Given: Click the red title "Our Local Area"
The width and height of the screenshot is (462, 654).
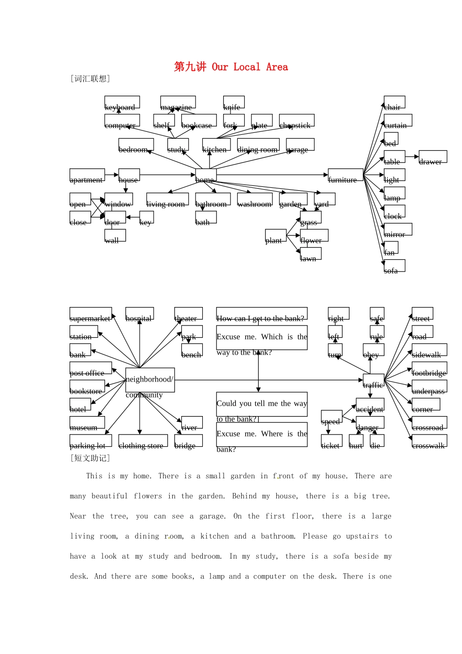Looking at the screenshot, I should point(231,67).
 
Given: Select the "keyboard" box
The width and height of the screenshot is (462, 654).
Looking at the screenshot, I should point(122,103).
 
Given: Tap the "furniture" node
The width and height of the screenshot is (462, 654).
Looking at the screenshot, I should point(345,175).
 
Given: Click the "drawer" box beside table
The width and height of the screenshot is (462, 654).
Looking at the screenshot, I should point(432,157).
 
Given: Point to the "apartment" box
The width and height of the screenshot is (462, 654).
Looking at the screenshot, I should point(87,175).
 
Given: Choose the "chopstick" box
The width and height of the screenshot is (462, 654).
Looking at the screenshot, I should point(297,121).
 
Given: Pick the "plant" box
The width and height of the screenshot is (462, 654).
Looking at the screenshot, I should point(276,236).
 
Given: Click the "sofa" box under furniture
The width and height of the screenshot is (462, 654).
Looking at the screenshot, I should point(394,266).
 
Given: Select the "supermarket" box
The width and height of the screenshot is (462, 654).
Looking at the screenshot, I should point(90,314).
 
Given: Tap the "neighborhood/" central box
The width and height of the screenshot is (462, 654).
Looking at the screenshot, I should point(150,380).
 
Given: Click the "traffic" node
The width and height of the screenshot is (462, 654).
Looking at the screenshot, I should point(373,380).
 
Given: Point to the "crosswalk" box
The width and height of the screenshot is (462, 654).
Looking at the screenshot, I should point(429,441).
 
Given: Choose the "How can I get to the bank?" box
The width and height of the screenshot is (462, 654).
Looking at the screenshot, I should point(262,314).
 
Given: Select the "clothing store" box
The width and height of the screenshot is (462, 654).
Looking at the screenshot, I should point(143,441).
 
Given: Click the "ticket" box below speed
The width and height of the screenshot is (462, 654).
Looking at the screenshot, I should point(331,441).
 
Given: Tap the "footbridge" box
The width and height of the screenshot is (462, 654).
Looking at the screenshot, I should point(429,368).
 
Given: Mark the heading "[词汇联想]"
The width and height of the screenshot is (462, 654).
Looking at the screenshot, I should point(90,79).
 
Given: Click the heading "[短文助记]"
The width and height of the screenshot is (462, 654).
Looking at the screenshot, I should point(90,458).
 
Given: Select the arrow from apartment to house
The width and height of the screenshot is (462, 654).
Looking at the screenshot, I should point(112,175).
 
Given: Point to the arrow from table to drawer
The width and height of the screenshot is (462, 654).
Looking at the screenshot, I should point(412,157).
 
